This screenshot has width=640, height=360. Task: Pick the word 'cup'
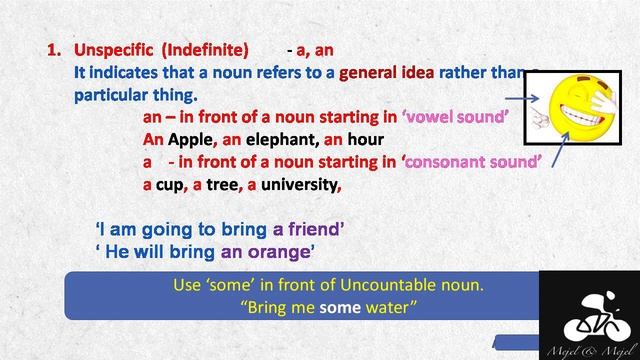click(173, 184)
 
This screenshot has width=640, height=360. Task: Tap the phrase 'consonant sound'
click(474, 161)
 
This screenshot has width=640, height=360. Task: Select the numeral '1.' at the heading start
click(55, 50)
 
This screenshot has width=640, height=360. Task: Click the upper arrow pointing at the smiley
click(525, 98)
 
